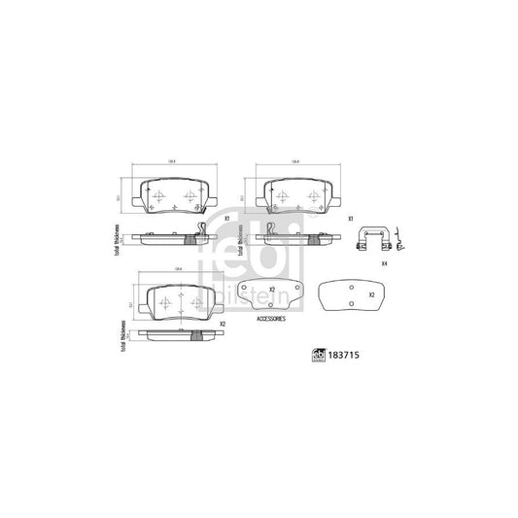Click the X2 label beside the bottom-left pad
pyautogui.click(x=222, y=324)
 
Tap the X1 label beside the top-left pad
pyautogui.click(x=225, y=219)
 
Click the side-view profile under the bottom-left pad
pyautogui.click(x=179, y=335)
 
